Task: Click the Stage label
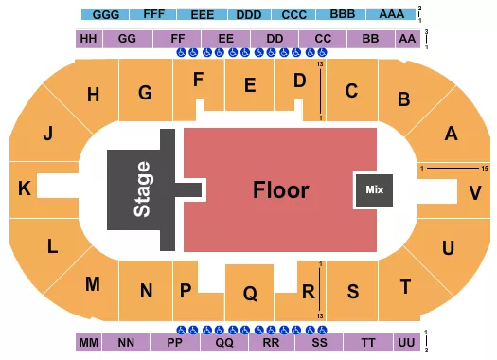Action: click(x=143, y=189)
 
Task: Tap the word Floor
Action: click(x=281, y=189)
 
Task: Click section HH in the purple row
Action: click(x=89, y=39)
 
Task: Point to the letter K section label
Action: click(x=25, y=189)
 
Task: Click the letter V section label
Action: click(x=475, y=192)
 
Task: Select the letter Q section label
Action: click(x=250, y=294)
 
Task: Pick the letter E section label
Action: click(x=250, y=85)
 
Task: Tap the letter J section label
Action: click(x=46, y=134)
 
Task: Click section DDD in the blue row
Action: click(x=249, y=15)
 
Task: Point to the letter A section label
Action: click(x=451, y=134)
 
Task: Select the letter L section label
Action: click(x=53, y=245)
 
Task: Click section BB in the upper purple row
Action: click(x=370, y=39)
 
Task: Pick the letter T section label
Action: click(x=406, y=286)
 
